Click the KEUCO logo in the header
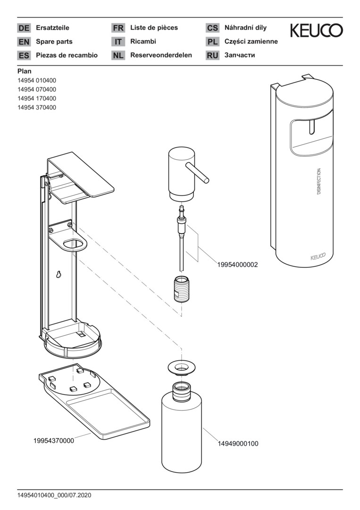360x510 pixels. point(316,31)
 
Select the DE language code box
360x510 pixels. point(24,28)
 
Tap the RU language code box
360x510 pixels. point(212,55)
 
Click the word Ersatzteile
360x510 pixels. point(52,28)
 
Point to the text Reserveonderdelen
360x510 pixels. point(161,55)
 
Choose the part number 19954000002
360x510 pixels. point(237,265)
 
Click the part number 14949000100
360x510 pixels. point(238,444)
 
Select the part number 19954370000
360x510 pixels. point(53,441)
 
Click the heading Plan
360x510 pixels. point(25,71)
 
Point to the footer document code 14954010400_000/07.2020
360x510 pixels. point(54,495)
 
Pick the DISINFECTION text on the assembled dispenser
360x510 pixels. point(319,182)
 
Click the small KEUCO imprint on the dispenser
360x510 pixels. point(318,257)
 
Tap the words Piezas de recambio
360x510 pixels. point(67,55)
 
